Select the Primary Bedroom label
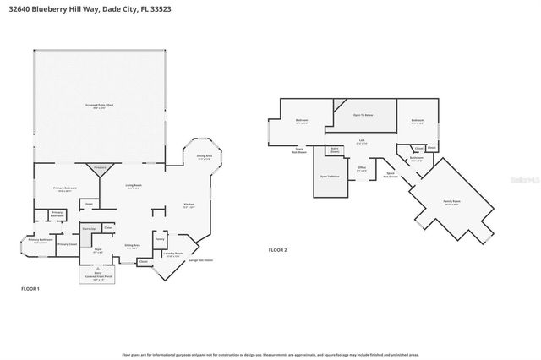coord(67,188)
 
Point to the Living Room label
coord(134,187)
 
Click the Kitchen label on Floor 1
coord(190,205)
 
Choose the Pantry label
coord(159,240)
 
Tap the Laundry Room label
coord(174,254)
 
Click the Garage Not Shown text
coord(200,260)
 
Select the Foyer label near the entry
coord(98,249)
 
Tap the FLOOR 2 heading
coord(278,251)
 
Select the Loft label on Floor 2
coord(361,141)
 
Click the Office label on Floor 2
coord(362,169)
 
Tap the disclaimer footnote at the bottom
coord(270,355)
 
